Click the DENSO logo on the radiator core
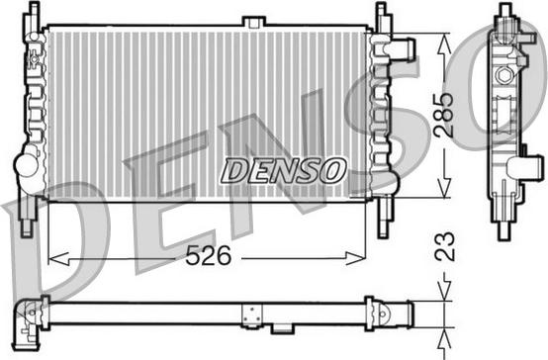pyautogui.click(x=282, y=170)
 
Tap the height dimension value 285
pyautogui.click(x=445, y=116)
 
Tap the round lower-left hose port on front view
pyautogui.click(x=23, y=162)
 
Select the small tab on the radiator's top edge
pyautogui.click(x=255, y=21)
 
